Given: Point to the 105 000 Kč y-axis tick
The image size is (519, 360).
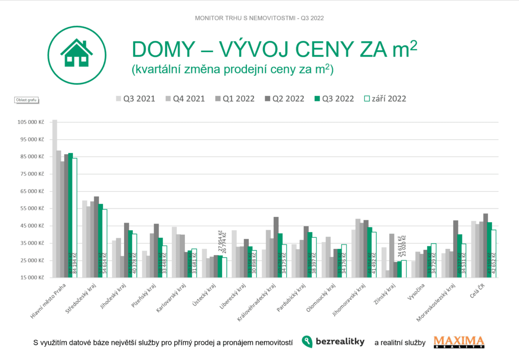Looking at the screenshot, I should pos(30,122).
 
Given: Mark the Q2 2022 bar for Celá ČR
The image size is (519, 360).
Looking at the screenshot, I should pos(486,245).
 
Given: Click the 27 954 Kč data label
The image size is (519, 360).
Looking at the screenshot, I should pos(220,241).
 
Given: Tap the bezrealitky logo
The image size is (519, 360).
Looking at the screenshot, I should pos(333,342).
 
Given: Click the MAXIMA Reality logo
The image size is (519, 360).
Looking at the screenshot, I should pos(459,342).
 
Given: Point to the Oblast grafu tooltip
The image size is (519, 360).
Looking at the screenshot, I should pos(26,100).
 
